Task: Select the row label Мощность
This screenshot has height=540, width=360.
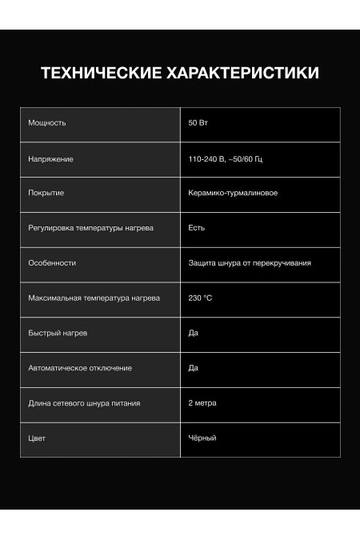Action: coord(47,123)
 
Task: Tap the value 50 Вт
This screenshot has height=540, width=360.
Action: coord(198,123)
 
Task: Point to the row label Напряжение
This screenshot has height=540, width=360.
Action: coord(50,159)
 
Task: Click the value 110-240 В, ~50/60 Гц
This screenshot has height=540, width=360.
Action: coord(226,159)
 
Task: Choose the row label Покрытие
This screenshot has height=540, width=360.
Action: coord(46,194)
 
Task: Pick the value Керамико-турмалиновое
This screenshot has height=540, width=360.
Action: coord(233,194)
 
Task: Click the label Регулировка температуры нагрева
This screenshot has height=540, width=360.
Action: coord(90,228)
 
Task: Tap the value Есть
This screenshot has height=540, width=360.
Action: coord(197,228)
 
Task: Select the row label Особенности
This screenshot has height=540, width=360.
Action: coord(52,263)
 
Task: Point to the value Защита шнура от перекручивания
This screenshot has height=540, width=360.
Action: coord(250,263)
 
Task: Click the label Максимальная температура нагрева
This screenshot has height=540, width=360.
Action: coord(94,298)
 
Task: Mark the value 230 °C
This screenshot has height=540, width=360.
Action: coord(200,298)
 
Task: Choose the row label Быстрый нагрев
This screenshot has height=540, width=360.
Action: coord(58,333)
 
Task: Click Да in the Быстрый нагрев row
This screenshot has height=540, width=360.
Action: coord(193,333)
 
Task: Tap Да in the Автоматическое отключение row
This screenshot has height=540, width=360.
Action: coord(193,368)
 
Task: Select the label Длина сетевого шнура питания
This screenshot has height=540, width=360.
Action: coord(84,403)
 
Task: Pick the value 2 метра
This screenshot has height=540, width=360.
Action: coord(202,403)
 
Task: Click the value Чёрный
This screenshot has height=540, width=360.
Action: coord(202,438)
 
